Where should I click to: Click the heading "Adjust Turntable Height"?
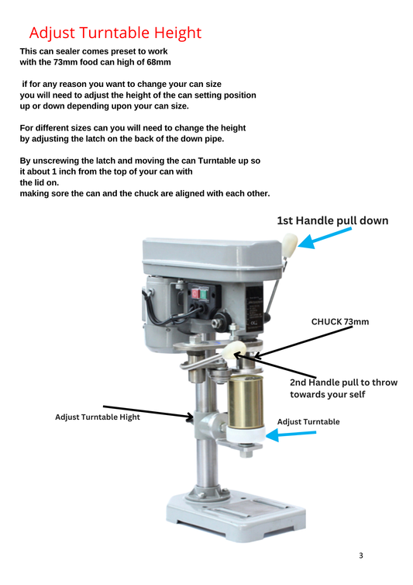[x=115, y=33]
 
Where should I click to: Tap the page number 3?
[x=360, y=556]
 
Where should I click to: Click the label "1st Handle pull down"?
[x=332, y=221]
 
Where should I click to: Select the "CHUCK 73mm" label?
[x=339, y=321]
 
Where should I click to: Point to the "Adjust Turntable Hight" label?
[x=98, y=417]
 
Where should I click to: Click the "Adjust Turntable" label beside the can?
[x=308, y=421]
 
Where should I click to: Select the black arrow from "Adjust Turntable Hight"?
[x=147, y=411]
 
